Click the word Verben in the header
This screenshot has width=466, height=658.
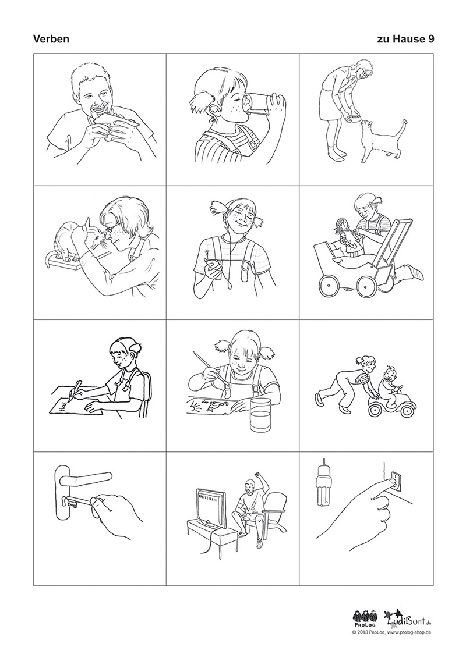click(x=51, y=39)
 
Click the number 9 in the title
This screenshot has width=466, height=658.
click(x=431, y=39)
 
